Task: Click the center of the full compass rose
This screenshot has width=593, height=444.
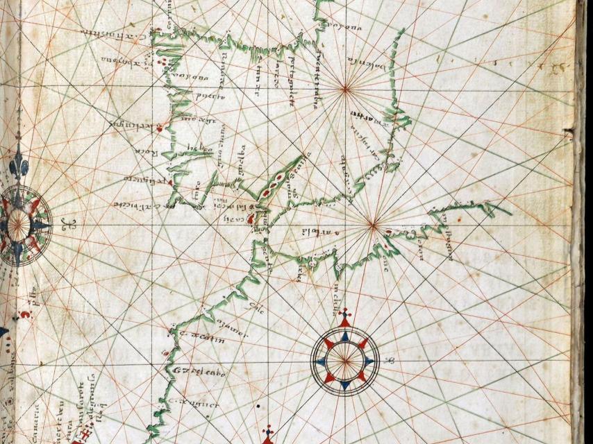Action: tap(345, 359)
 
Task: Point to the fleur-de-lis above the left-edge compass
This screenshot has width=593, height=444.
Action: tap(18, 166)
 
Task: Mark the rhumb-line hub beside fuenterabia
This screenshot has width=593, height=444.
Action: tap(345, 88)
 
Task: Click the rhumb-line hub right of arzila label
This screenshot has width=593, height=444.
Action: tap(373, 224)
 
